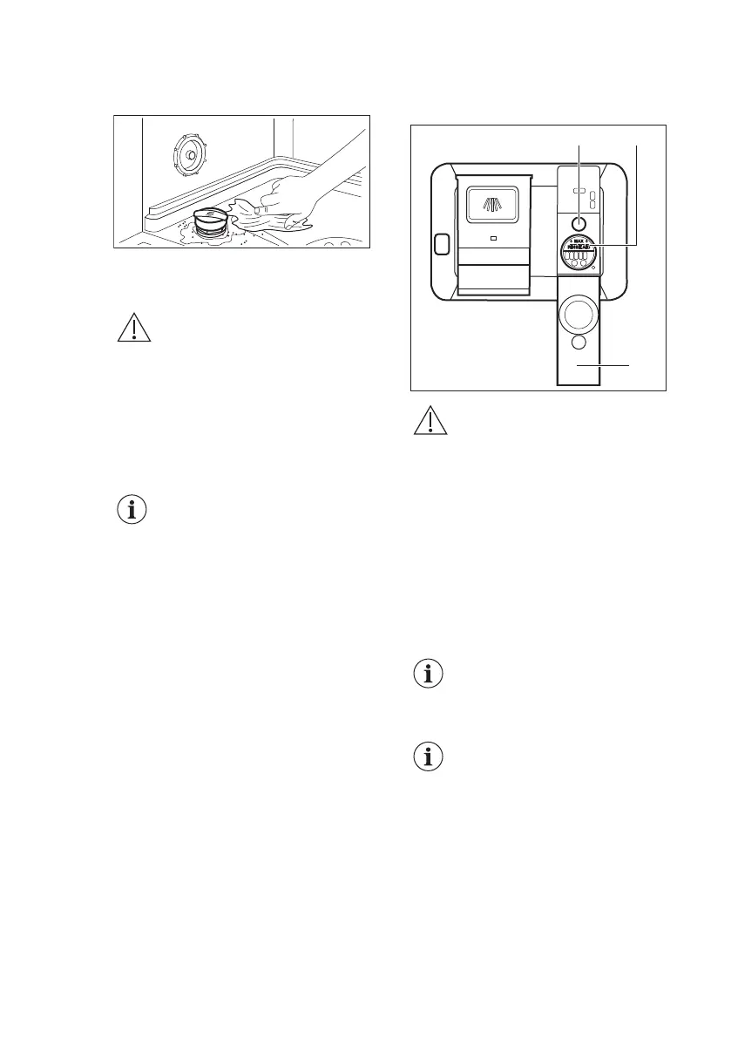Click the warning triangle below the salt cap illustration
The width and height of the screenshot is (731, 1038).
(x=133, y=328)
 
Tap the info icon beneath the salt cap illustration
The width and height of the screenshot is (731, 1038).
(x=133, y=510)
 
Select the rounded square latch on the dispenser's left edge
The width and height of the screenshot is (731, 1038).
(x=441, y=246)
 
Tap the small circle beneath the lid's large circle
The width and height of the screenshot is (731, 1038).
(x=579, y=343)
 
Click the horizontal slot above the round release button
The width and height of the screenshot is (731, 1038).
(x=578, y=193)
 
